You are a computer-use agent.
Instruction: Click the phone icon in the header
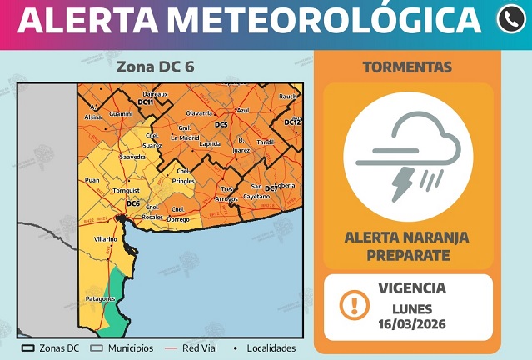pyautogui.click(x=510, y=20)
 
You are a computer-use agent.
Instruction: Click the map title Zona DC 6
pyautogui.click(x=156, y=67)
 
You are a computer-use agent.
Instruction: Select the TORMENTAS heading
pyautogui.click(x=408, y=67)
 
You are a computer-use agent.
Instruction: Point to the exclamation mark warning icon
pyautogui.click(x=355, y=305)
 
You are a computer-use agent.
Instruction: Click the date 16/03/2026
pyautogui.click(x=411, y=323)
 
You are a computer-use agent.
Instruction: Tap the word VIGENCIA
pyautogui.click(x=411, y=288)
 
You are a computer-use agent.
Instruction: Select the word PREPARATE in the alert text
pyautogui.click(x=407, y=253)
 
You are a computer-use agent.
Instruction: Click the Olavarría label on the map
pyautogui.click(x=199, y=112)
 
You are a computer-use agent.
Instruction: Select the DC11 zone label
pyautogui.click(x=145, y=102)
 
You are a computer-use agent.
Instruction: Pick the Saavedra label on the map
pyautogui.click(x=132, y=157)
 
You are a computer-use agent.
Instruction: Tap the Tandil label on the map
pyautogui.click(x=265, y=142)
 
